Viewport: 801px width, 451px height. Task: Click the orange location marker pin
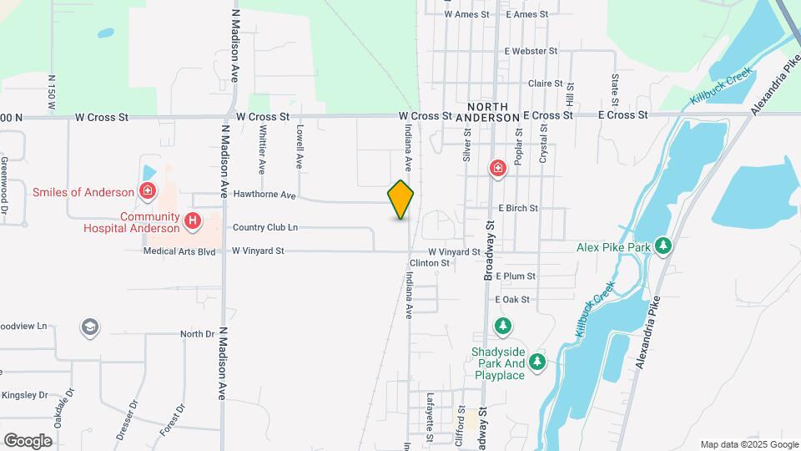click(x=400, y=200)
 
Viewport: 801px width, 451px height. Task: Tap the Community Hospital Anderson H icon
click(x=193, y=220)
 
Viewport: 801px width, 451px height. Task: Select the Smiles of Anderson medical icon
click(x=148, y=191)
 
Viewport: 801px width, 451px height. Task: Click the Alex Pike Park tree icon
click(x=663, y=246)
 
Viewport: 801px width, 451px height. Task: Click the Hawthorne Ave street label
click(x=265, y=195)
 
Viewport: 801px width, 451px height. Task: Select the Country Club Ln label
click(x=264, y=227)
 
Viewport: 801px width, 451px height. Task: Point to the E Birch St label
click(x=518, y=207)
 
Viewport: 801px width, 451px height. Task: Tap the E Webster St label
click(x=530, y=51)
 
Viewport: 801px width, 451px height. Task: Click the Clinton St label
click(x=430, y=262)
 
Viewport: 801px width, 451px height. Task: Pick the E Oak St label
click(x=512, y=299)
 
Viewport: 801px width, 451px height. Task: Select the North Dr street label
click(x=198, y=334)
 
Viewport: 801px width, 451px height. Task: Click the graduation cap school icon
click(x=90, y=327)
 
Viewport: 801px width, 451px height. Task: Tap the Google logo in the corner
click(x=28, y=440)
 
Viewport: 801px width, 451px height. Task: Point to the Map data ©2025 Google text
click(x=748, y=444)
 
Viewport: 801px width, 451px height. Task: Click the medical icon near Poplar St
click(x=498, y=170)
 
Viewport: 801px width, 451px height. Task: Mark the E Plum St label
click(x=515, y=276)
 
